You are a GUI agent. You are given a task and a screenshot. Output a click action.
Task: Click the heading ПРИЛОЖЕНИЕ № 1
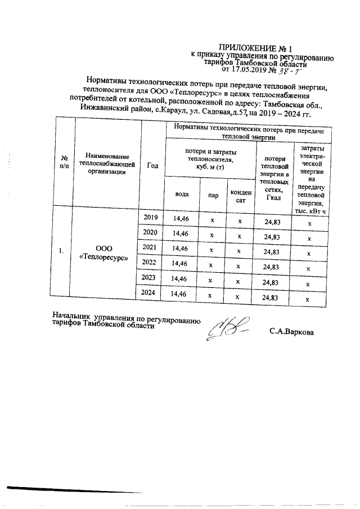(251, 48)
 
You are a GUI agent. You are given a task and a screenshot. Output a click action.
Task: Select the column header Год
(152, 165)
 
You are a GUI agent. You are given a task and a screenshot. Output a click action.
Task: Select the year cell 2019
(151, 218)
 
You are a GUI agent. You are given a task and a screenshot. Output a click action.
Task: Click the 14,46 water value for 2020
(181, 233)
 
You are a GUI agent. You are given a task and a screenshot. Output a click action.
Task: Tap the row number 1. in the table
(61, 251)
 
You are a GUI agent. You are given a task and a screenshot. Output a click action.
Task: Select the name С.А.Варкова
(291, 332)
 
